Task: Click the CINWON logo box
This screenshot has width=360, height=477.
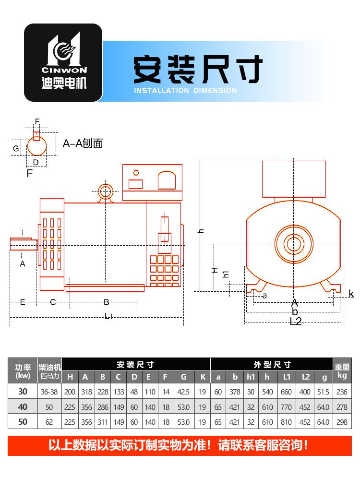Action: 63,63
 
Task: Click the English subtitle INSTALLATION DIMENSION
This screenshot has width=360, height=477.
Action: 185,90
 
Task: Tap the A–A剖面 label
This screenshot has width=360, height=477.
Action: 83,143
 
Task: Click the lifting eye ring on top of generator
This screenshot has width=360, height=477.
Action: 105,192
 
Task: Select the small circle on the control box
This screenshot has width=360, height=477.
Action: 136,173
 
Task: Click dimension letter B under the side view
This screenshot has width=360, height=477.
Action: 107,302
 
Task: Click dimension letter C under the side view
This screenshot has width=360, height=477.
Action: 53,302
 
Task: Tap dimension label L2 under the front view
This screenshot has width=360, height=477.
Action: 296,322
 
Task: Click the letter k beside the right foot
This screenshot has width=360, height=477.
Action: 351,294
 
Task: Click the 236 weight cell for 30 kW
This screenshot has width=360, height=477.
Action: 342,392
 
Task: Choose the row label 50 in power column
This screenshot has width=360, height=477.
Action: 23,422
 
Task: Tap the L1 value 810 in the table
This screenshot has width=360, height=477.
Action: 286,422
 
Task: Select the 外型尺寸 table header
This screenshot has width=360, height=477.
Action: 272,365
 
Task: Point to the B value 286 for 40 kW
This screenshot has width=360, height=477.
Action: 102,407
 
